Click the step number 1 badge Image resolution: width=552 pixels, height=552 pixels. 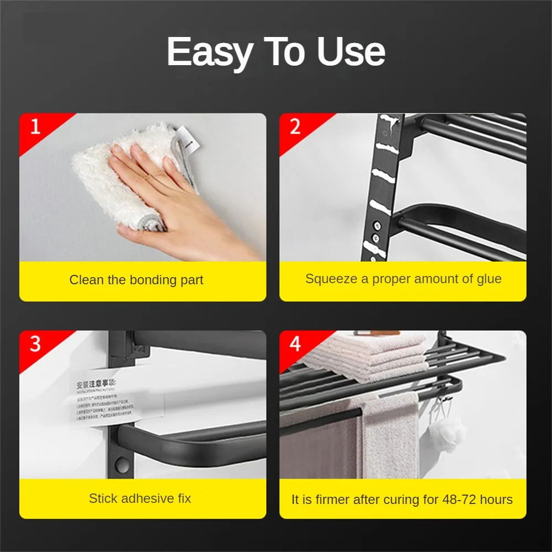click(35, 126)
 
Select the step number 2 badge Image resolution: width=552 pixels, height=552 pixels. click(295, 126)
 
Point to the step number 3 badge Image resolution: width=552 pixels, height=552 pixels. click(35, 343)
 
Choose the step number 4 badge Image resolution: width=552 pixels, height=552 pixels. click(295, 343)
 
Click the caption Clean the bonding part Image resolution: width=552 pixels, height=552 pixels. click(136, 280)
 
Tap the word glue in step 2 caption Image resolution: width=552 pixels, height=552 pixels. click(489, 279)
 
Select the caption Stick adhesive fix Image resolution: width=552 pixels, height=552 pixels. click(140, 498)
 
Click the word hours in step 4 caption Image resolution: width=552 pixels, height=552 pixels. click(495, 500)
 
